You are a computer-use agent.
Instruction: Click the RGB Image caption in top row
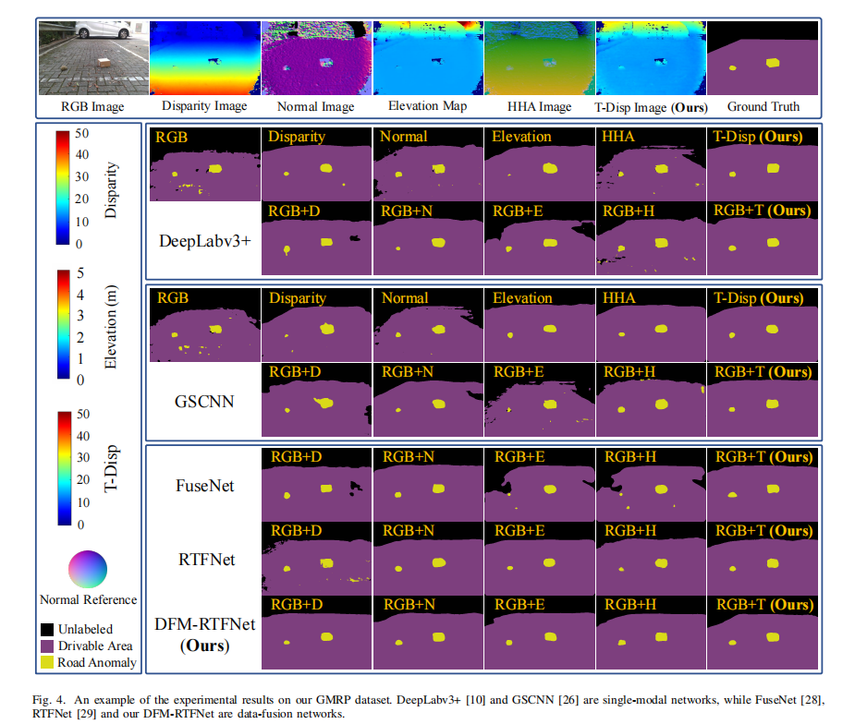coord(94,106)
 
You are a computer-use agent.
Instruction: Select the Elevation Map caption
coord(427,106)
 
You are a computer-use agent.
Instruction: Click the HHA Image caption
coord(538,106)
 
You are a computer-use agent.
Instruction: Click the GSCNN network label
coord(202,403)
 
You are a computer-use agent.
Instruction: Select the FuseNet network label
coord(204,484)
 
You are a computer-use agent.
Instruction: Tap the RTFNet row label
coord(204,559)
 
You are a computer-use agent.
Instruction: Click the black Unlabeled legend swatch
coord(47,630)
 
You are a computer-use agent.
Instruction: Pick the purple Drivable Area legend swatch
coord(47,646)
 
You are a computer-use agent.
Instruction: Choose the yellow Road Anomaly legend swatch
coord(47,662)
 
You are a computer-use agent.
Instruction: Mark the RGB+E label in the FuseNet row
coord(519,456)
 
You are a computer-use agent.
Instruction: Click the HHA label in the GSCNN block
coord(618,298)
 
